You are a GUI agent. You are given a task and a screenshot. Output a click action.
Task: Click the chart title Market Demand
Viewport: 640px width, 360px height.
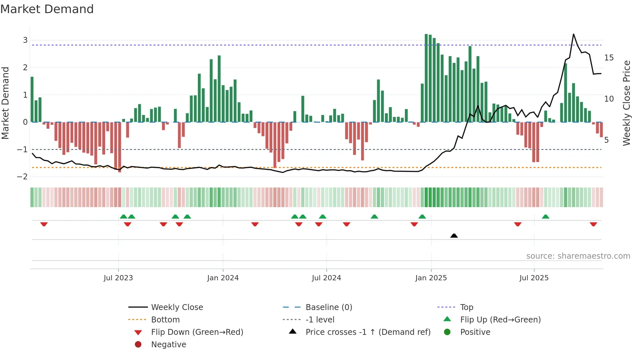47,9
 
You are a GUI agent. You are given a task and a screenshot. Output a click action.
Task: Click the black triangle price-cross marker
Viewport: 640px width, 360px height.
454,236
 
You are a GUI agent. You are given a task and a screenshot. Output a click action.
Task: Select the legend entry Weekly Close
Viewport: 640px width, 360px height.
177,307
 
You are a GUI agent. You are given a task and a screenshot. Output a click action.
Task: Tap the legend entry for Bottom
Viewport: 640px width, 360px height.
165,319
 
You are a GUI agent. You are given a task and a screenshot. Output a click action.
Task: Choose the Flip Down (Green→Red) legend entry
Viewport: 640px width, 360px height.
197,332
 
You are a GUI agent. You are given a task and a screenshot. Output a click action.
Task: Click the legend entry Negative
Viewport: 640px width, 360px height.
168,344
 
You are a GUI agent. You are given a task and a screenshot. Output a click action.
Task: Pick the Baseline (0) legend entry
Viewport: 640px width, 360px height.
328,307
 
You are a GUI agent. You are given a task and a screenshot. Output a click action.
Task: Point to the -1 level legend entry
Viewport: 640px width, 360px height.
320,319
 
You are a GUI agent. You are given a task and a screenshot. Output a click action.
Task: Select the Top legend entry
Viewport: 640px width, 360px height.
466,307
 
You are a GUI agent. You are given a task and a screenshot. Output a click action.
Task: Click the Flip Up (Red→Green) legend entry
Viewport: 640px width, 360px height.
500,319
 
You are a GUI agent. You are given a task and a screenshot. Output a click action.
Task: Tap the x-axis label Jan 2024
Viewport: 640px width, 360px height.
223,278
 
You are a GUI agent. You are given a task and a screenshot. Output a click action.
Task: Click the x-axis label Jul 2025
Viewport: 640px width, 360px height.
534,278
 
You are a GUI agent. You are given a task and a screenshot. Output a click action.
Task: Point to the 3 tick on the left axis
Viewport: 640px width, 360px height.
25,40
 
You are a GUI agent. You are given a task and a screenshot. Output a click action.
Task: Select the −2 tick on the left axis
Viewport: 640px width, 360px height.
23,177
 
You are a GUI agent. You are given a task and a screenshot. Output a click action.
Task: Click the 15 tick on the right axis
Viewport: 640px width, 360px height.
609,58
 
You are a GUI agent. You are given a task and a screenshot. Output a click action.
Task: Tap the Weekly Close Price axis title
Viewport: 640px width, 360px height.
626,103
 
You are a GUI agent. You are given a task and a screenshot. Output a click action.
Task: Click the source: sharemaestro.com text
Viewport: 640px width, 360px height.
578,256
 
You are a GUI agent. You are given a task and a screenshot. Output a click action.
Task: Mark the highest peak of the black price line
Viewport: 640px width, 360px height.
573,34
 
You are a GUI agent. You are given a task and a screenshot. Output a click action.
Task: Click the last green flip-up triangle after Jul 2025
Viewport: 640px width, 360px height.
545,217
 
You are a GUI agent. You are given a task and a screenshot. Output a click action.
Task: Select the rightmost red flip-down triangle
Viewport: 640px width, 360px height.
593,224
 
